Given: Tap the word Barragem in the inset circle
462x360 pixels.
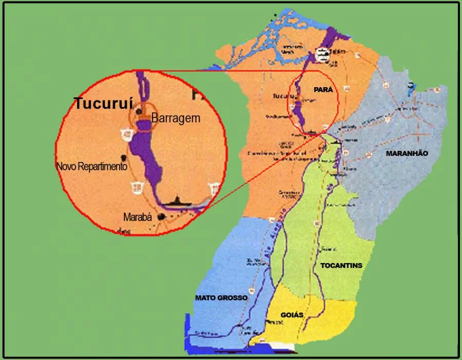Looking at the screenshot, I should pyautogui.click(x=176, y=118).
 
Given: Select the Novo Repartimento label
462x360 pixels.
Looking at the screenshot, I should pyautogui.click(x=92, y=167).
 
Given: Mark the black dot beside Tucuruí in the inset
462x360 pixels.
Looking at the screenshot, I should pyautogui.click(x=139, y=111).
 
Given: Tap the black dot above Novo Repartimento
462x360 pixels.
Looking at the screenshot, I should pyautogui.click(x=122, y=156).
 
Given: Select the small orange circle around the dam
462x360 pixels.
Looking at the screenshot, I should pyautogui.click(x=142, y=119).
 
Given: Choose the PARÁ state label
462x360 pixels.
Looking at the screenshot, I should pyautogui.click(x=323, y=89).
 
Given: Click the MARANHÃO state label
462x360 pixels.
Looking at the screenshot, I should pyautogui.click(x=407, y=153).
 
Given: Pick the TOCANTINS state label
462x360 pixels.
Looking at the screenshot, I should pyautogui.click(x=341, y=266).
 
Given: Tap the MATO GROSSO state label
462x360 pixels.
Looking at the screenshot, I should pyautogui.click(x=221, y=297).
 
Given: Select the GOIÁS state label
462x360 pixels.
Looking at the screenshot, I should pyautogui.click(x=292, y=314).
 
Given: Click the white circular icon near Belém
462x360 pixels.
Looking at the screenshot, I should pyautogui.click(x=322, y=54).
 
